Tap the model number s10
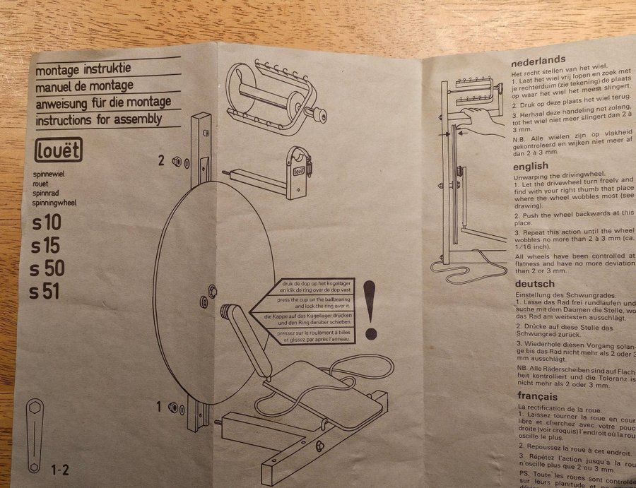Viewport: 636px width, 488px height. tap(47, 224)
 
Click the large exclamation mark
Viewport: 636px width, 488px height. tap(370, 309)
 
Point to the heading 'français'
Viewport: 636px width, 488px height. tap(538, 397)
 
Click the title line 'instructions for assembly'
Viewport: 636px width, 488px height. tap(99, 119)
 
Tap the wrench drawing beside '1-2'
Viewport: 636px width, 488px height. tap(34, 435)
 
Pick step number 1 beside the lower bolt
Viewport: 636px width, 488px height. tap(160, 406)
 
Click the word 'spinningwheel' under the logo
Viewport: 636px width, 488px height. tap(56, 203)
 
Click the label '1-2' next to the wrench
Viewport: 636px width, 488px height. tap(60, 468)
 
